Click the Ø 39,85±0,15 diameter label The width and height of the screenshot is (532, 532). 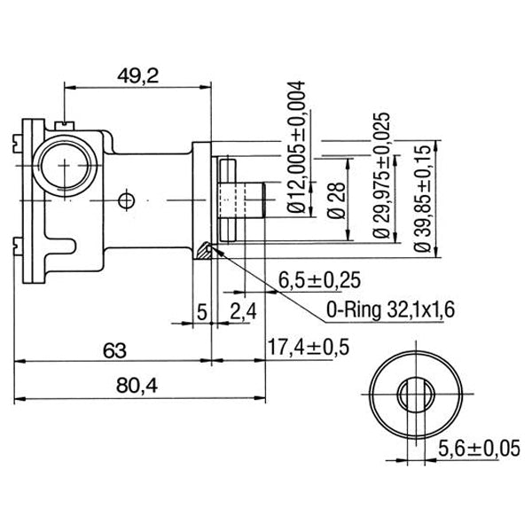tap(426, 197)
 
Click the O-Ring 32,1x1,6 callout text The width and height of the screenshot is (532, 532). tap(390, 311)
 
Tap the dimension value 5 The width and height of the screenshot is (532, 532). tap(202, 311)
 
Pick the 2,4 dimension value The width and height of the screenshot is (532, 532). tap(243, 311)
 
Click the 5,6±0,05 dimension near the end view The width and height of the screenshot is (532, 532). tap(479, 449)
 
